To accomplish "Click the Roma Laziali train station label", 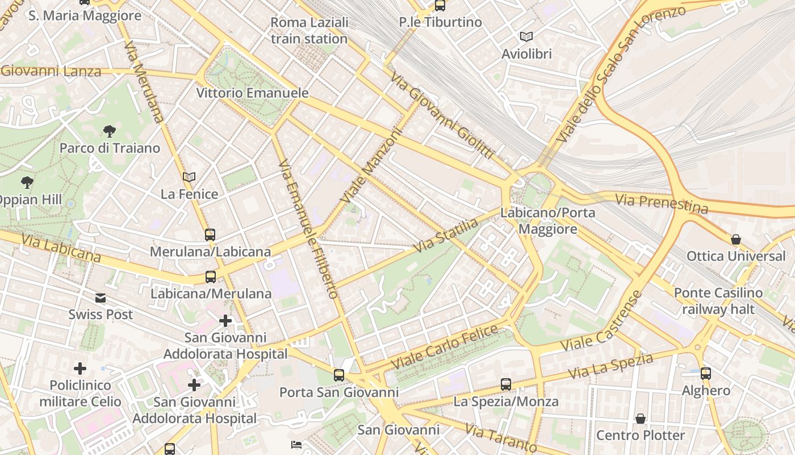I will click(309, 31).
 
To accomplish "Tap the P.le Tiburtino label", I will click(440, 22).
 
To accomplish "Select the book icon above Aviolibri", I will click(526, 36).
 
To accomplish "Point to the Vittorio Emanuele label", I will click(252, 93).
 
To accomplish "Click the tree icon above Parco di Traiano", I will click(110, 131).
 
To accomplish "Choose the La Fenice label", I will click(189, 194).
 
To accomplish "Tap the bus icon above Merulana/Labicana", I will click(210, 234).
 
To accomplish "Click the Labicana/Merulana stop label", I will click(211, 293).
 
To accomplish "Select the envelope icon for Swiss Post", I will click(101, 297).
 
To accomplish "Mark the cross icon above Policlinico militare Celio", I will click(80, 369).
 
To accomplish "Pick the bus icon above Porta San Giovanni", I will click(339, 375).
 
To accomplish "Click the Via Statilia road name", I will click(446, 236).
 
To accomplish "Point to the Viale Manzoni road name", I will click(372, 165).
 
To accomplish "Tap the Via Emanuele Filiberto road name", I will click(309, 228).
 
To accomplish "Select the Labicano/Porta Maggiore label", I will click(547, 221).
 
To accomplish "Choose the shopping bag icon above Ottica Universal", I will click(736, 239).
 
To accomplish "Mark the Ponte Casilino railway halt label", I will click(718, 301).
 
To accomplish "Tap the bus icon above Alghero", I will click(705, 374).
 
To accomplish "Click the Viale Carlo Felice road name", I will click(444, 346).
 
